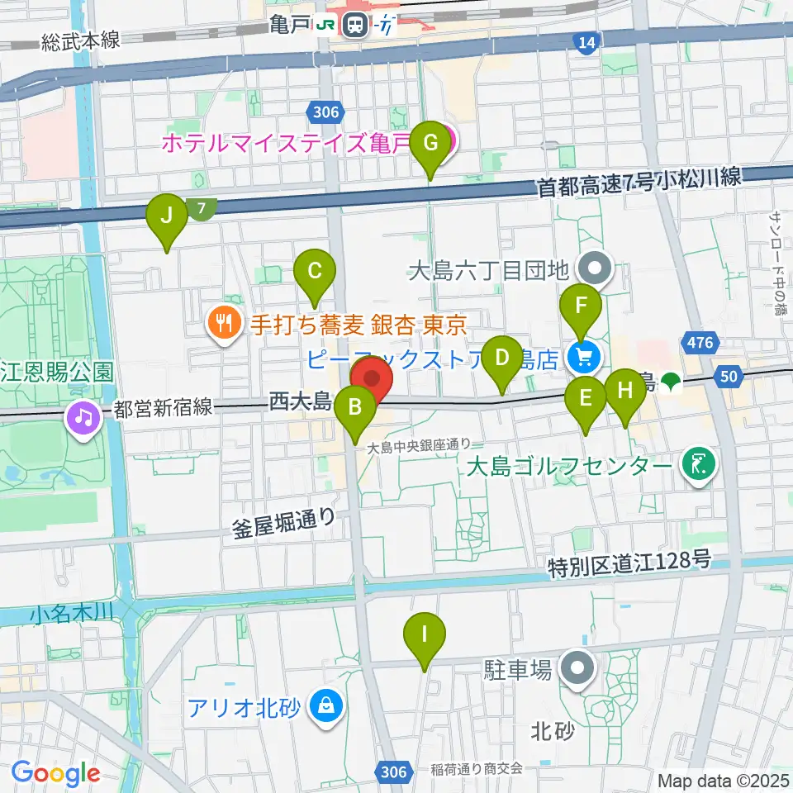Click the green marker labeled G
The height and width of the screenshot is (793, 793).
tap(430, 142)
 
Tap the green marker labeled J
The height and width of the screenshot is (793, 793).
tap(167, 216)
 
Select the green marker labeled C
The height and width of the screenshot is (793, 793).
tap(315, 271)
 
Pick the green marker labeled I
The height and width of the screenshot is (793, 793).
tap(425, 635)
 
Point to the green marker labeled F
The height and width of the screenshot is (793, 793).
tap(582, 306)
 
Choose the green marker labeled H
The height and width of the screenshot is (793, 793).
tap(625, 390)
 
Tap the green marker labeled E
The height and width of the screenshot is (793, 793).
tap(586, 399)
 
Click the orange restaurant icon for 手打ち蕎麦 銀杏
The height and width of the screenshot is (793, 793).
tap(222, 321)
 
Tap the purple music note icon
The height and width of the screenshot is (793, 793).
tap(83, 416)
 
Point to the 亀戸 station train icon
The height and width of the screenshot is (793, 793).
tap(357, 25)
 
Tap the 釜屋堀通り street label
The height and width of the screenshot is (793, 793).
tap(283, 524)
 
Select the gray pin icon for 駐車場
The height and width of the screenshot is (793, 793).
tap(577, 669)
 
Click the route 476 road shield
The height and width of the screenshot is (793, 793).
tap(698, 342)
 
